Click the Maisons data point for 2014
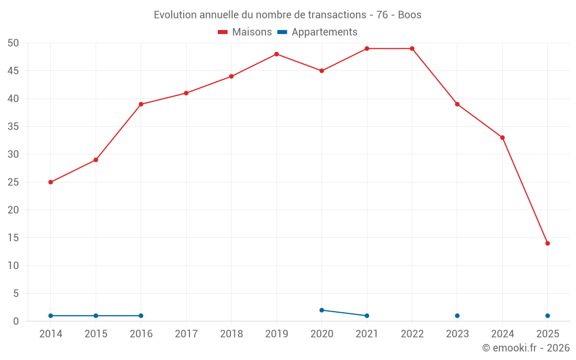click(51, 182)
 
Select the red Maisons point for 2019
click(276, 54)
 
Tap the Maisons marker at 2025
click(547, 243)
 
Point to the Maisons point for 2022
click(412, 48)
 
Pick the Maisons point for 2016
click(141, 104)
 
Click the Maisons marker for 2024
click(502, 138)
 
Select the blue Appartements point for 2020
click(322, 310)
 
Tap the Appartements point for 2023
click(457, 316)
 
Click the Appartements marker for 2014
click(51, 316)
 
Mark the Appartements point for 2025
click(547, 316)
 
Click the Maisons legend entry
click(245, 32)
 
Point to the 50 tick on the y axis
click(13, 43)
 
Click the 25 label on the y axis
click(13, 182)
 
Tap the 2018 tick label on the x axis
click(232, 334)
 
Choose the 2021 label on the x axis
click(367, 334)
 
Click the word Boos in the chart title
click(410, 15)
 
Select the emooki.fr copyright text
click(526, 348)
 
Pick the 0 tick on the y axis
click(16, 321)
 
